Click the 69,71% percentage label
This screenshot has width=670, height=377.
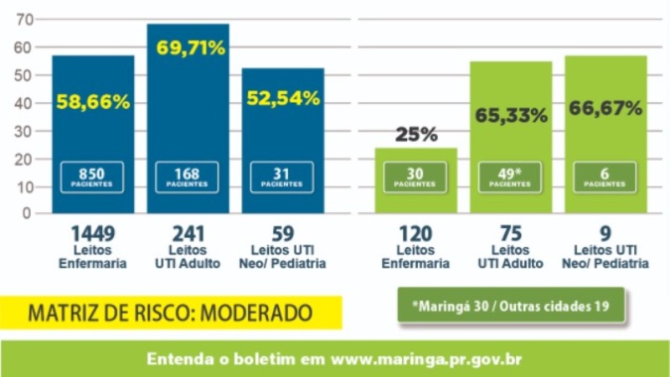click(x=191, y=48)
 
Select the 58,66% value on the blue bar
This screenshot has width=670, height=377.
click(x=93, y=102)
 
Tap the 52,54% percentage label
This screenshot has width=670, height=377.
click(x=283, y=98)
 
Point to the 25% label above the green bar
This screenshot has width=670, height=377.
click(x=416, y=134)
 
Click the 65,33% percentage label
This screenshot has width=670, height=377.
click(x=511, y=115)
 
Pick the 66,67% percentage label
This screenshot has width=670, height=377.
click(x=606, y=108)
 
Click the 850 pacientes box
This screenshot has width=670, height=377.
click(x=92, y=177)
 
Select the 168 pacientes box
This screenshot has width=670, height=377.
click(x=187, y=177)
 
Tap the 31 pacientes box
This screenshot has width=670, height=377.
click(x=281, y=177)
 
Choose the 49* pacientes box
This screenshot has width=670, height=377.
click(x=510, y=177)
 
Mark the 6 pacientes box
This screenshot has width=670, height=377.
click(x=605, y=177)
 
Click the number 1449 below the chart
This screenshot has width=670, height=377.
click(x=93, y=235)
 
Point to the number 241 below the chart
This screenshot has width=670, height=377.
click(x=188, y=235)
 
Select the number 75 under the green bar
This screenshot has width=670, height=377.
click(x=511, y=235)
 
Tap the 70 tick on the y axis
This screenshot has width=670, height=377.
click(x=24, y=19)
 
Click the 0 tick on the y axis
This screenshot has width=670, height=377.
click(x=27, y=213)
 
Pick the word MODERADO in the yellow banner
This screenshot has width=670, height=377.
click(x=256, y=313)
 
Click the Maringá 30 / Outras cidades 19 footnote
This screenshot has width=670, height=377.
click(x=511, y=306)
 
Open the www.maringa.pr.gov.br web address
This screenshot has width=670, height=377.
click(x=426, y=359)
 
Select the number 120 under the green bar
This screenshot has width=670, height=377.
click(x=415, y=235)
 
